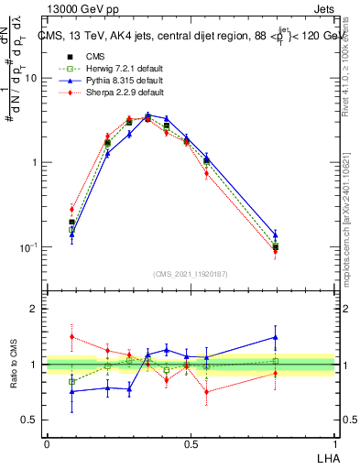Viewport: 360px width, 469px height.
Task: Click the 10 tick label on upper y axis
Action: [x=30, y=78]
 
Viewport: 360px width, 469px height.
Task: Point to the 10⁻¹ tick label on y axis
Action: [x=27, y=247]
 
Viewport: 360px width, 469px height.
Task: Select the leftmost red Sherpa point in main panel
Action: [x=72, y=209]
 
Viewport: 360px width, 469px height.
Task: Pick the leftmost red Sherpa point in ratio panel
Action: [x=72, y=336]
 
